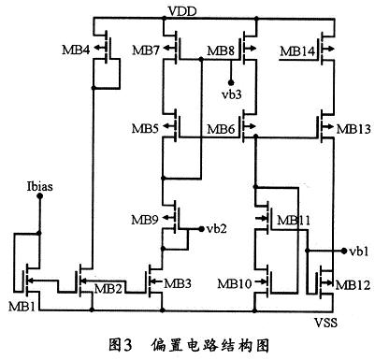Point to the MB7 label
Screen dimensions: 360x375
[x=147, y=49]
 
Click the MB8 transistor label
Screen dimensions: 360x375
[x=222, y=49]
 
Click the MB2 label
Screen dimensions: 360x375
[x=100, y=288]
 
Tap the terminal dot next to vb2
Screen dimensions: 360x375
[x=199, y=227]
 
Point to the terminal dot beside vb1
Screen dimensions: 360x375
[x=343, y=252]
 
